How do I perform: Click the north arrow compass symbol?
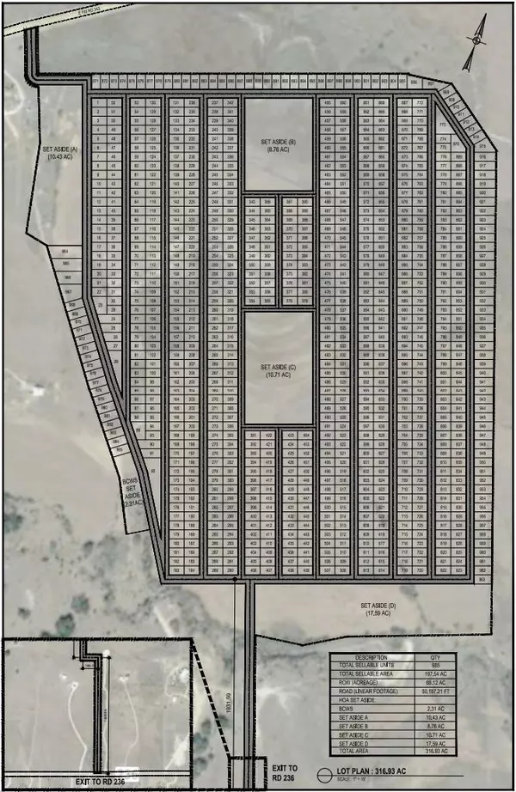(471, 51)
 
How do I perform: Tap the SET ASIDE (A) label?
(60, 153)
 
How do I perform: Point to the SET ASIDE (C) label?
(279, 370)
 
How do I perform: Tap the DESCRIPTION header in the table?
(372, 659)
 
